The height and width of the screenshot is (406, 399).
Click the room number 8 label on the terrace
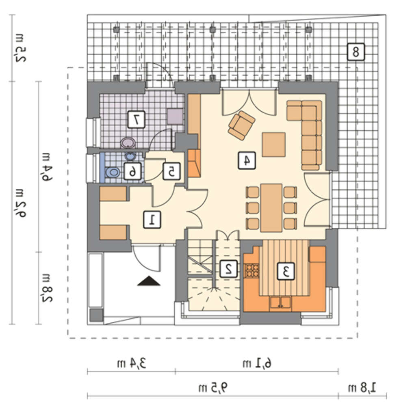click(356, 52)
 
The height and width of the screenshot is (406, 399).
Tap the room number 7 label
click(136, 119)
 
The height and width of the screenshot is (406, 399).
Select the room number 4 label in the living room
click(247, 160)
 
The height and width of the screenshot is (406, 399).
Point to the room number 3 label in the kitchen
click(286, 271)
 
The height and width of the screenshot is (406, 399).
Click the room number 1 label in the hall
click(152, 220)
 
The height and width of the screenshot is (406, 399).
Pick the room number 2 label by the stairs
click(228, 269)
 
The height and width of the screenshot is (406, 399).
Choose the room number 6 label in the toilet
click(132, 171)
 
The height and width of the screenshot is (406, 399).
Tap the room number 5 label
click(171, 171)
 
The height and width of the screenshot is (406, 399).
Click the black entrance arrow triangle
click(149, 281)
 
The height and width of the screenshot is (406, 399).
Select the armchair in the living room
click(241, 125)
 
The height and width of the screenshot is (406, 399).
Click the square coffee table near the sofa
click(273, 145)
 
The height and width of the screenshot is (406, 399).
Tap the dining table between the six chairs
click(271, 207)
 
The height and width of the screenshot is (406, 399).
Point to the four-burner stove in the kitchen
click(252, 270)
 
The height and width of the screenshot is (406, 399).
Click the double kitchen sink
click(280, 302)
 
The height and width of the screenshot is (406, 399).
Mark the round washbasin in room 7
click(128, 143)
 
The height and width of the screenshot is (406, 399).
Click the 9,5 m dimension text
click(213, 388)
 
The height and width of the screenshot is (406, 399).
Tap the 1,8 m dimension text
click(362, 388)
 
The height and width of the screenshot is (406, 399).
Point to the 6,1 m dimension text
click(257, 363)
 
